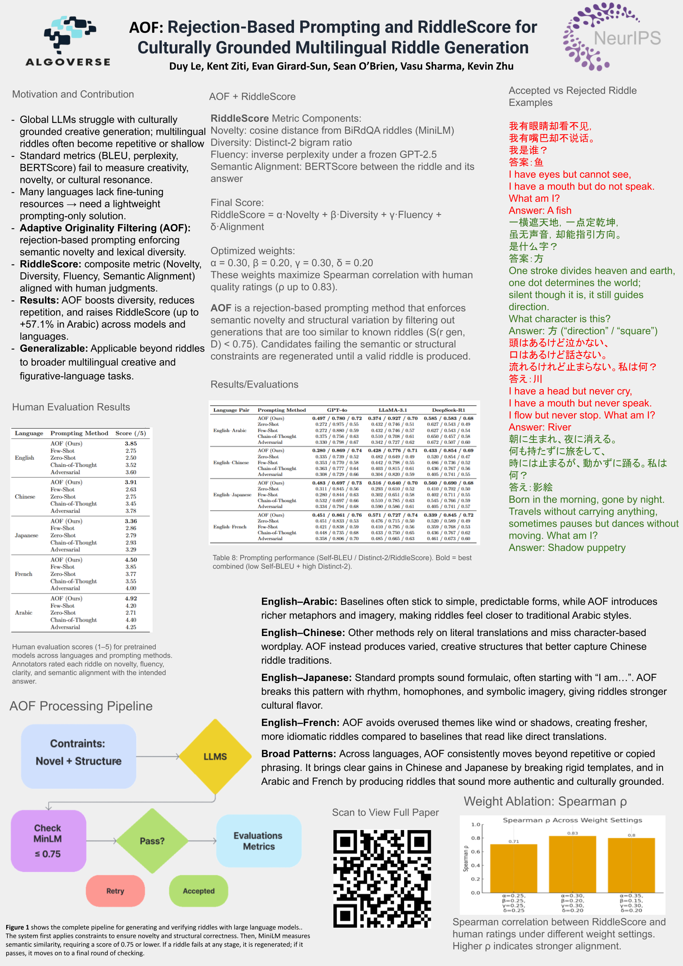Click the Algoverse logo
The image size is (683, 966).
pyautogui.click(x=68, y=41)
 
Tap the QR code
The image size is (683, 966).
pyautogui.click(x=382, y=879)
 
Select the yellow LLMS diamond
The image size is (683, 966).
pyautogui.click(x=215, y=757)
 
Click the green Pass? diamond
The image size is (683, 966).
pyautogui.click(x=152, y=841)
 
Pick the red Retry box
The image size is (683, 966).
pyautogui.click(x=115, y=891)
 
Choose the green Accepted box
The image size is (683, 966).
pyautogui.click(x=199, y=891)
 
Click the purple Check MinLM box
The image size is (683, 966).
pyautogui.click(x=48, y=841)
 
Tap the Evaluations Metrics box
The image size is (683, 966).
pyautogui.click(x=258, y=841)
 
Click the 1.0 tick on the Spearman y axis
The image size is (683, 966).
pyautogui.click(x=475, y=824)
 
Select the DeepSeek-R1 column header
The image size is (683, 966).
pyautogui.click(x=449, y=410)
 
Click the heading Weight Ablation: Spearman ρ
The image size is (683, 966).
pyautogui.click(x=545, y=801)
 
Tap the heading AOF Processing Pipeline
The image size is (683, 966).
pyautogui.click(x=81, y=706)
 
